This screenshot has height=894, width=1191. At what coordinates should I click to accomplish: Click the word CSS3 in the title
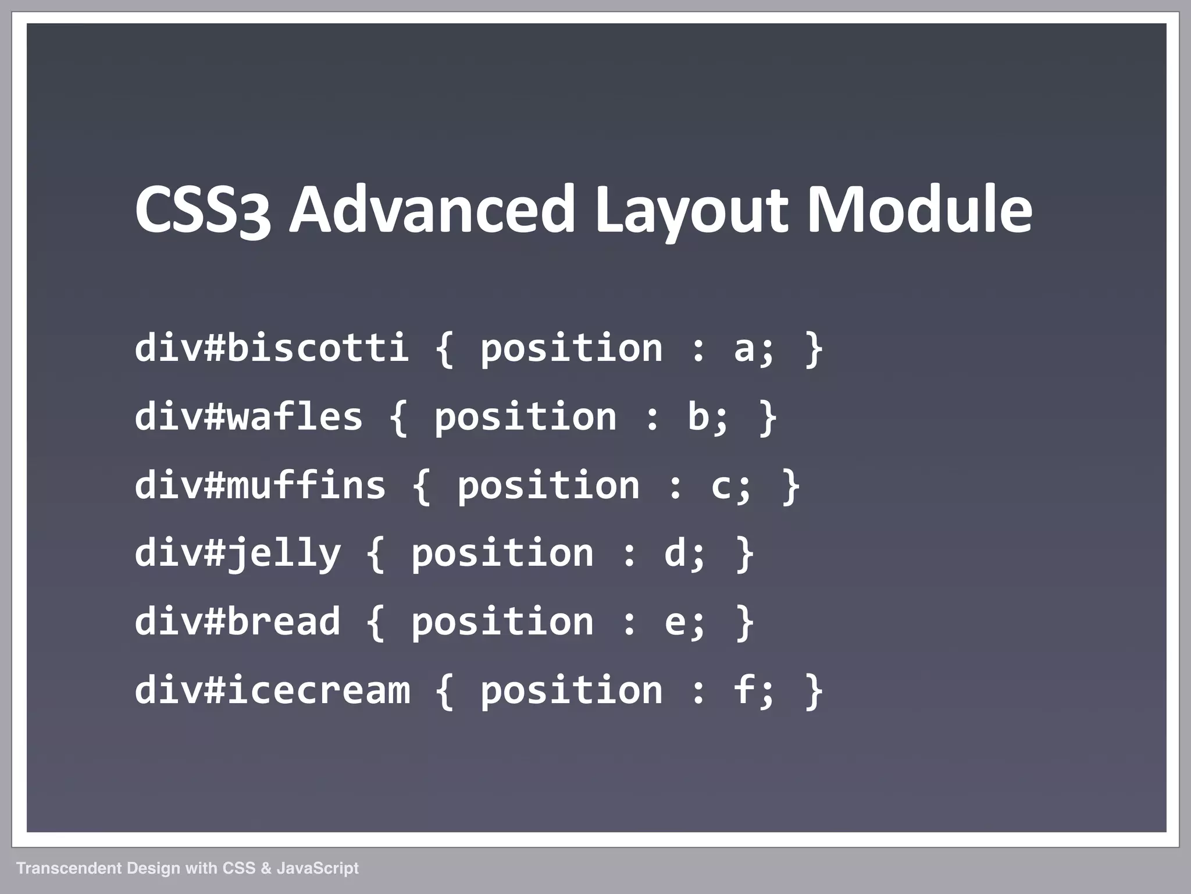click(x=202, y=208)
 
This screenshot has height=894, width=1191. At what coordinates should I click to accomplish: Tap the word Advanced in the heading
click(x=432, y=208)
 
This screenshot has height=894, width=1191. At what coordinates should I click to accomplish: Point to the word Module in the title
click(x=919, y=208)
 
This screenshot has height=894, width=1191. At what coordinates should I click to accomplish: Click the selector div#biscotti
click(x=272, y=348)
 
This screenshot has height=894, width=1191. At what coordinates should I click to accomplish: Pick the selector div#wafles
click(x=248, y=417)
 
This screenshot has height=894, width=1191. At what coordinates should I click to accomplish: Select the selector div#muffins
click(x=260, y=485)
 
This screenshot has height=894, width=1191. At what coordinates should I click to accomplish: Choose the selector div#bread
click(x=237, y=622)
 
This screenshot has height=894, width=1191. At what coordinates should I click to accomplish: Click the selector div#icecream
click(x=272, y=690)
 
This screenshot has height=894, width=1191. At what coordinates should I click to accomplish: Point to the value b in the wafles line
click(x=698, y=417)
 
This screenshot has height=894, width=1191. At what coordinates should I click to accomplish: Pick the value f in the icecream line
click(x=745, y=690)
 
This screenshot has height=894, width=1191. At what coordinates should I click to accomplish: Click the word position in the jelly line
click(x=502, y=554)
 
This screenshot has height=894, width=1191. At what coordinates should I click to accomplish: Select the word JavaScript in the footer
click(x=318, y=868)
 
